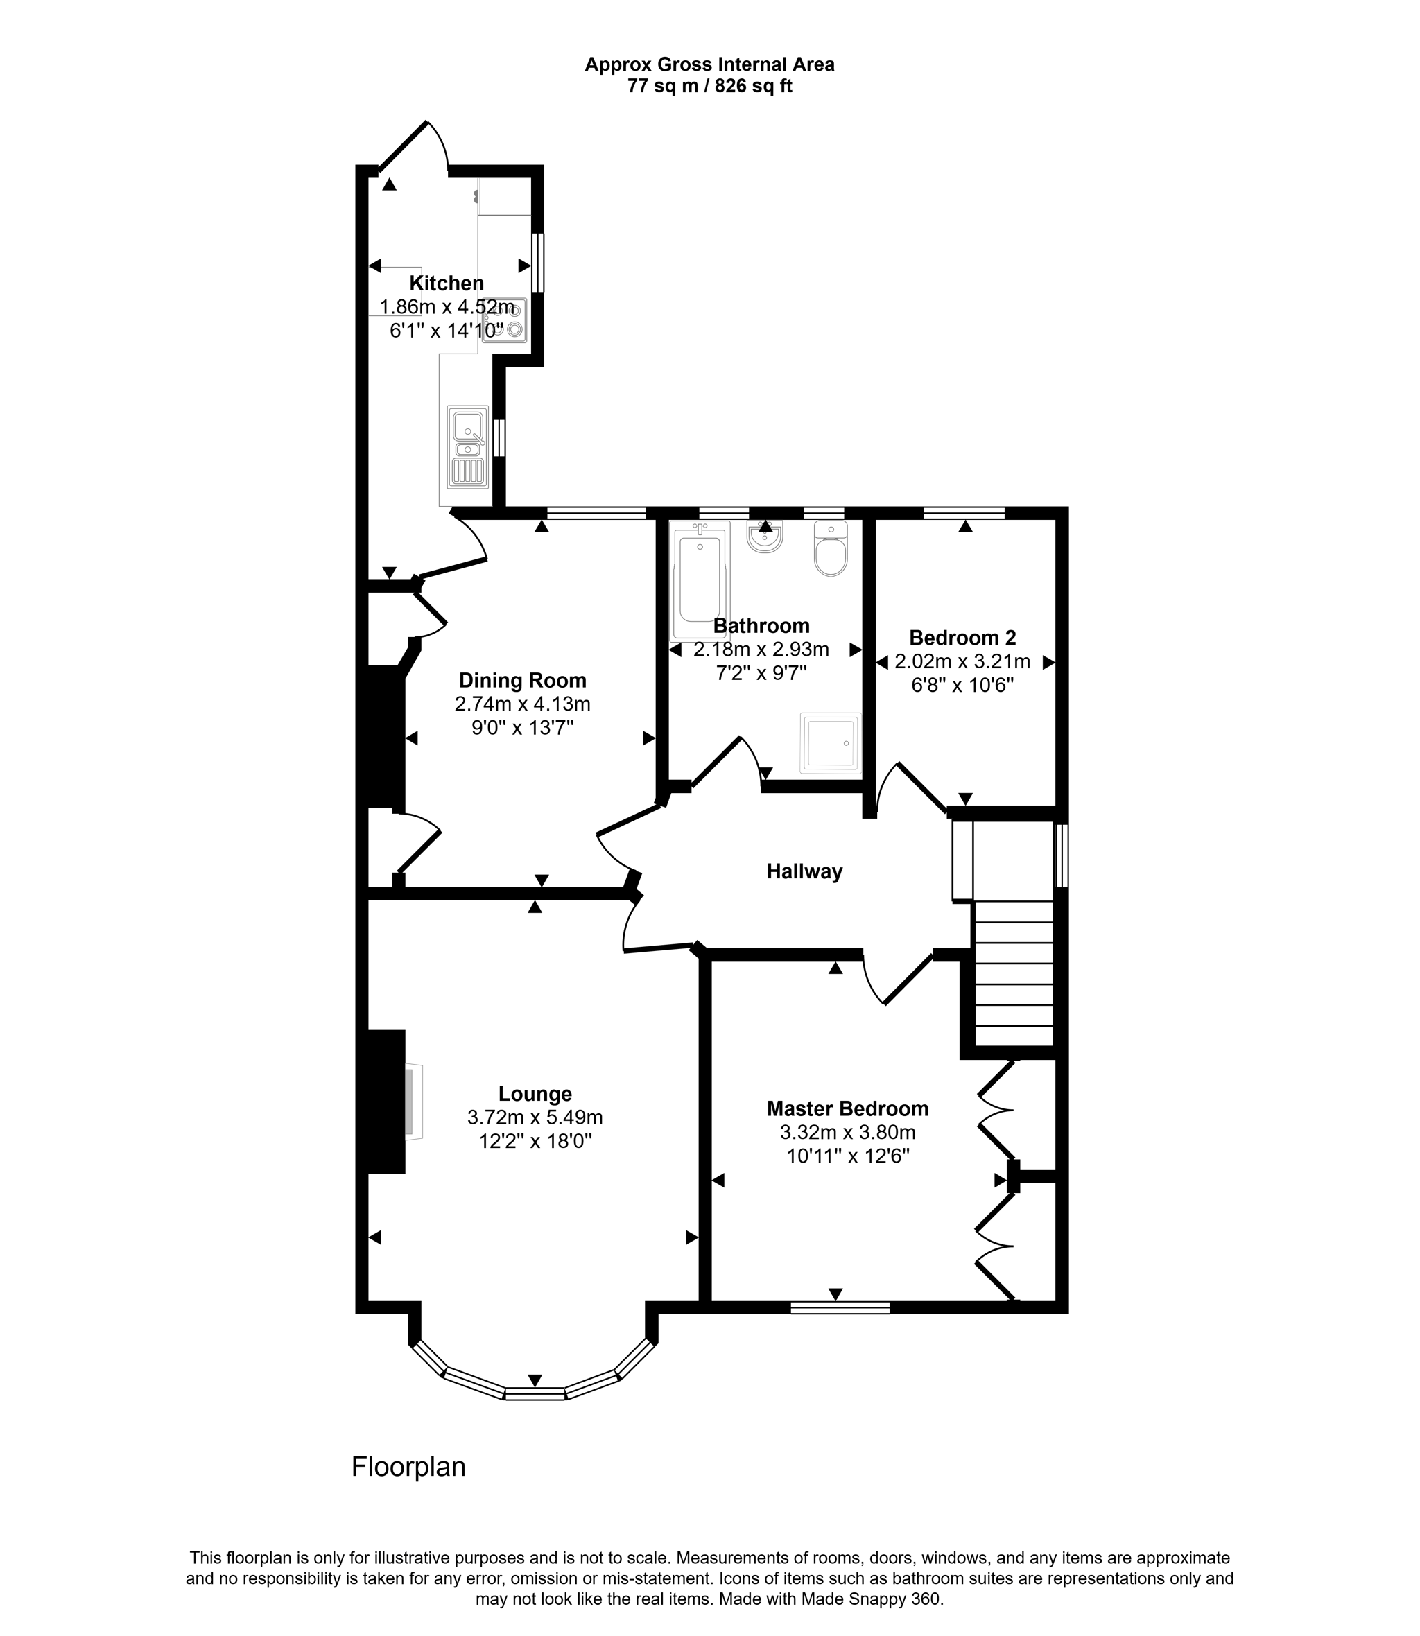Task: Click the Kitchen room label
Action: [446, 283]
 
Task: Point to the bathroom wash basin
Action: [765, 537]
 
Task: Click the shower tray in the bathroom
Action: [830, 742]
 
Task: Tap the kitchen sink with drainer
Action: [467, 448]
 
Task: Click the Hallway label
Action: [804, 871]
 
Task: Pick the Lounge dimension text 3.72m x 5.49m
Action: [535, 1117]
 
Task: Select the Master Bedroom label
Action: [847, 1108]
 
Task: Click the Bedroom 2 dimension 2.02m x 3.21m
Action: [962, 661]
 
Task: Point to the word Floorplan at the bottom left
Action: [408, 1466]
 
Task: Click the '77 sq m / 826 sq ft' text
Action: [709, 87]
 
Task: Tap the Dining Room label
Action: [522, 680]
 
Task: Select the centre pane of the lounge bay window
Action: [535, 1393]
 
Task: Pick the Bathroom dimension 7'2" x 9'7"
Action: [761, 672]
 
